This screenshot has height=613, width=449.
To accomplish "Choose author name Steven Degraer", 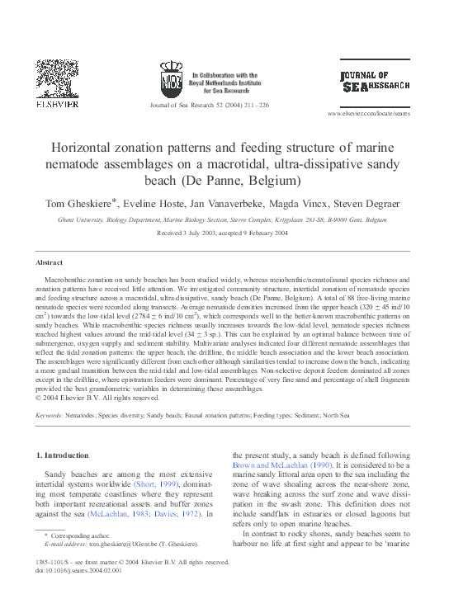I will click(x=369, y=203).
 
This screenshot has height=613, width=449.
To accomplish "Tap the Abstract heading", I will click(x=49, y=262).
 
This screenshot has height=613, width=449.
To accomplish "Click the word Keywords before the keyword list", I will click(x=50, y=416).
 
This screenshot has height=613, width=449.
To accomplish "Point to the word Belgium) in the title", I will click(x=272, y=180).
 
